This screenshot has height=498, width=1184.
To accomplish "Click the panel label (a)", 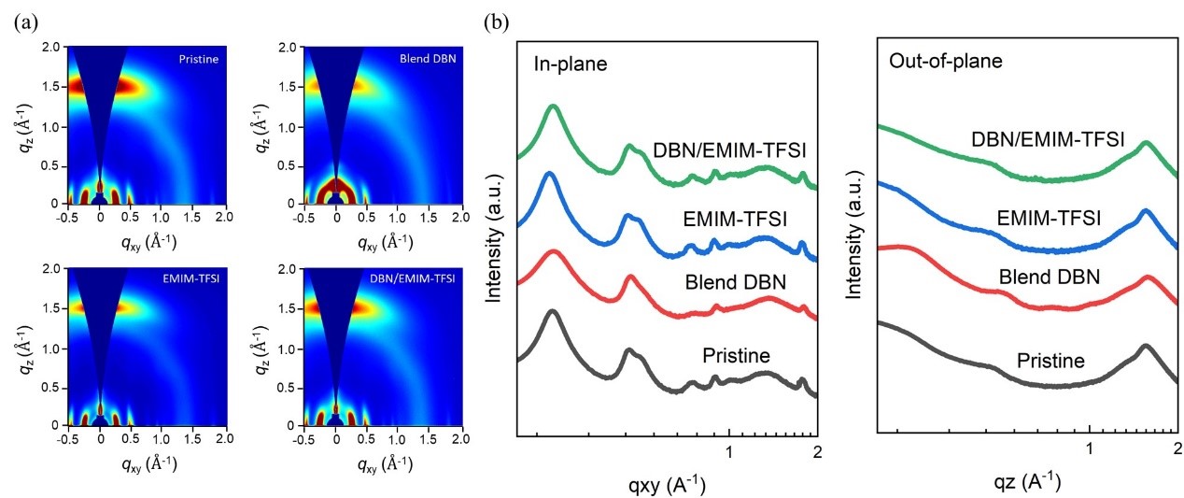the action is [x=27, y=22].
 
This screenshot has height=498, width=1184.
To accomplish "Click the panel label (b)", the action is [x=497, y=22].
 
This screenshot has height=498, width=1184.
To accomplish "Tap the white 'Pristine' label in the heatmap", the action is [x=198, y=59].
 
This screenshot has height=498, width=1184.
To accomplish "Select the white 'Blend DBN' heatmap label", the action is [x=428, y=58].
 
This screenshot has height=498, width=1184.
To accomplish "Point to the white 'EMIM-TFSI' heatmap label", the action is [x=190, y=278].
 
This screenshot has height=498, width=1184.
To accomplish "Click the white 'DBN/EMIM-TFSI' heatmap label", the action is [x=413, y=278].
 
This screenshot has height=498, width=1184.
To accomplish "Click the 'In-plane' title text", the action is [x=571, y=64].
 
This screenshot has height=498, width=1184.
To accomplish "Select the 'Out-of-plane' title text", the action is [x=946, y=61].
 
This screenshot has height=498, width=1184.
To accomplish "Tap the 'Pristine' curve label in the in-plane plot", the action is [x=737, y=355].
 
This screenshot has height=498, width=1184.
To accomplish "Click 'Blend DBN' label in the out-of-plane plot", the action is [x=1050, y=277].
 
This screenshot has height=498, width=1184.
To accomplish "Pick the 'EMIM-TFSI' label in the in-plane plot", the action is [x=735, y=219].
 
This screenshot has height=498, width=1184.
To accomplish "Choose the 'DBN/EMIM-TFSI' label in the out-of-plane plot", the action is [x=1048, y=139].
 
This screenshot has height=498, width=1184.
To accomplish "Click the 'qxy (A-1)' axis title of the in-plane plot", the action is [x=667, y=484].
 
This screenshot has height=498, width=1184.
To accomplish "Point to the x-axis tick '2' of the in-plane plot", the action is [x=818, y=452].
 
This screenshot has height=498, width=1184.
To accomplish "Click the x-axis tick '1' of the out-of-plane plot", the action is [x=1090, y=448].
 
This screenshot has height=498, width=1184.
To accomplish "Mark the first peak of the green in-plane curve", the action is [x=554, y=107].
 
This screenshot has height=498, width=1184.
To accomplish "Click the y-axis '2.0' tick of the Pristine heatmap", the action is [x=50, y=47].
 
